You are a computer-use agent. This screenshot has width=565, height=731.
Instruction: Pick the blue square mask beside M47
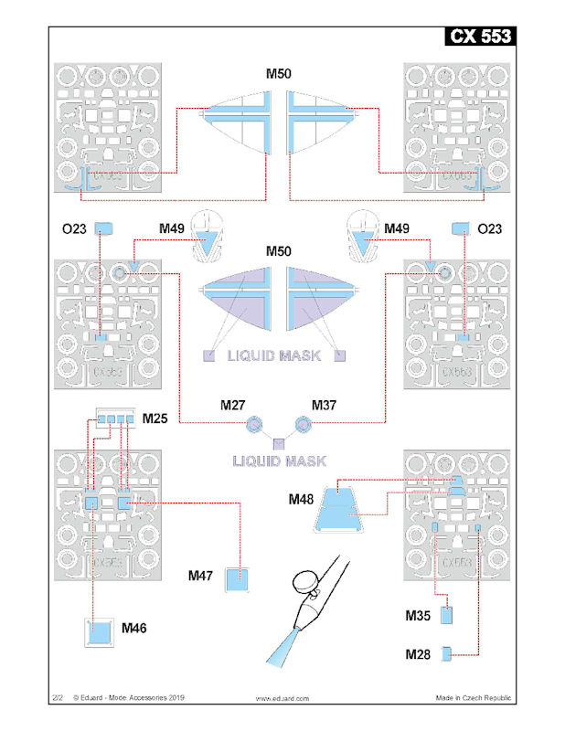[238, 578]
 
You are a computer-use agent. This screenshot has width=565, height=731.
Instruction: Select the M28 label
[420, 653]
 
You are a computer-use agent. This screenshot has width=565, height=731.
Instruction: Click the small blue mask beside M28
[446, 652]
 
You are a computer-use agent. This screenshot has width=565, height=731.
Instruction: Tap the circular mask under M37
[304, 423]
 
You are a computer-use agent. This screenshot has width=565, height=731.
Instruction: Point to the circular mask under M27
[255, 423]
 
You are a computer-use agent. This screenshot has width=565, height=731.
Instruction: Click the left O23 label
[76, 228]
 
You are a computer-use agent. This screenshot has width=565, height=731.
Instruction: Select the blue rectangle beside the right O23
[459, 228]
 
